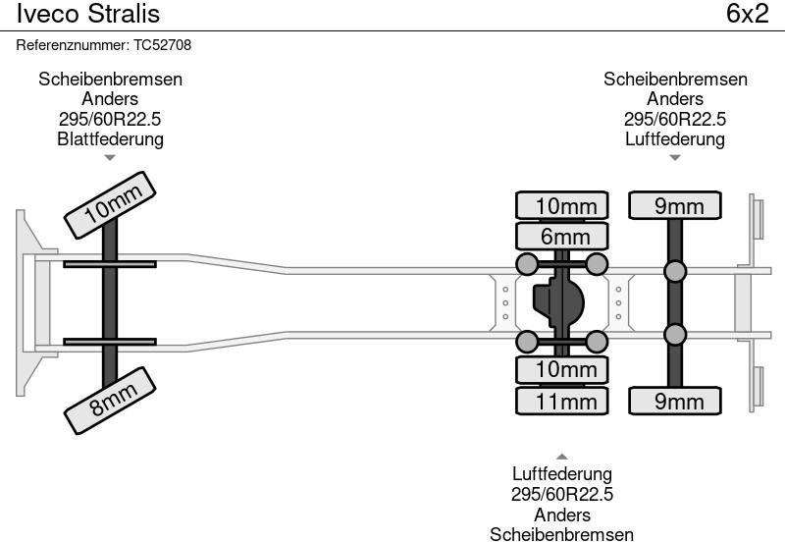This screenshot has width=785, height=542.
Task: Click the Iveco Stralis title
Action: [87, 14]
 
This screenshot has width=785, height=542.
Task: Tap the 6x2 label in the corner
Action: [747, 14]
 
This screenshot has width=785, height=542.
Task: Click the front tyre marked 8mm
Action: [110, 399]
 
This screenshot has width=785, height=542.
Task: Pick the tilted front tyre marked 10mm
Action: [110, 206]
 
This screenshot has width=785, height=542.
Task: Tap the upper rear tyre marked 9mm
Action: [675, 205]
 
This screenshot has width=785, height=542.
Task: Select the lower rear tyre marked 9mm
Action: [675, 401]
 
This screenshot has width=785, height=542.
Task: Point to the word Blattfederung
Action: [110, 138]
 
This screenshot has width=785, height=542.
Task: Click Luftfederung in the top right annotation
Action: [675, 138]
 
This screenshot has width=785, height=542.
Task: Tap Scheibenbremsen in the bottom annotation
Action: [562, 533]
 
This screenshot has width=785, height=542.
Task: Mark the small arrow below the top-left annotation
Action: [110, 157]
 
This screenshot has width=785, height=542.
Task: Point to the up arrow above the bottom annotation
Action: [562, 456]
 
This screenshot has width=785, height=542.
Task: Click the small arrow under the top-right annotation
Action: [675, 157]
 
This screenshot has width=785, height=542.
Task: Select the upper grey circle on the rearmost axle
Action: [675, 271]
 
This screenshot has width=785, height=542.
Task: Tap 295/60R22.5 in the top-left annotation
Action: [110, 119]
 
